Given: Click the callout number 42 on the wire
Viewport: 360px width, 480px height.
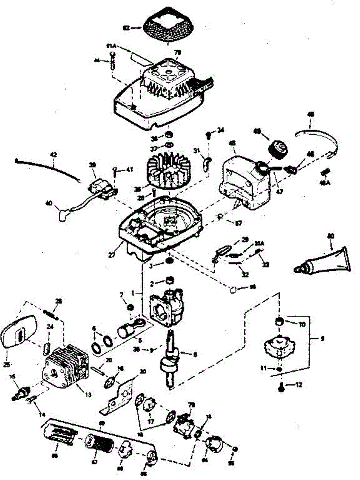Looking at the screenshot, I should (x=53, y=154).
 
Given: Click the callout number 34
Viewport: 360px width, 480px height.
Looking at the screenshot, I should (x=221, y=130).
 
